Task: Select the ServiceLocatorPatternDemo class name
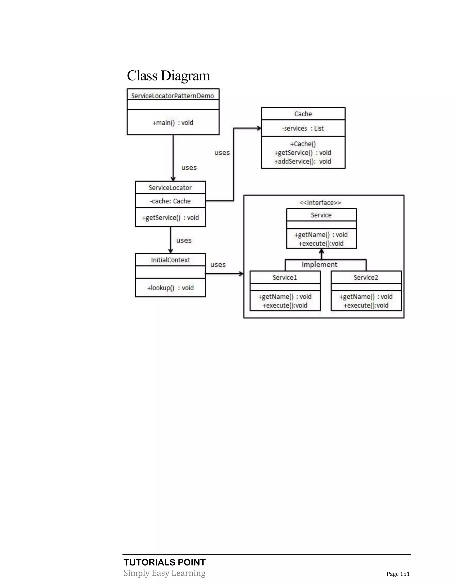(172, 96)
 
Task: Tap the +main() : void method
(173, 123)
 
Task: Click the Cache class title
(303, 114)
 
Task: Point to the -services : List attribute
(303, 128)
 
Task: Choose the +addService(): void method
(303, 161)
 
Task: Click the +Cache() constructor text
(303, 144)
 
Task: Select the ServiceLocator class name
(170, 188)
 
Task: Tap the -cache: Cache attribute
(170, 201)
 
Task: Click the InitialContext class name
(170, 260)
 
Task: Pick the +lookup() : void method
(170, 288)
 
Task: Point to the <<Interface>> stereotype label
(320, 203)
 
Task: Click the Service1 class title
(285, 277)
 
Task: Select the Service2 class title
(366, 277)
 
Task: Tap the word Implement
(319, 264)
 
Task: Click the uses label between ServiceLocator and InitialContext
(184, 240)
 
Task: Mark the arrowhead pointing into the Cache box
(259, 128)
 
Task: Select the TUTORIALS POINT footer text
(165, 562)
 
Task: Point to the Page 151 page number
(398, 574)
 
